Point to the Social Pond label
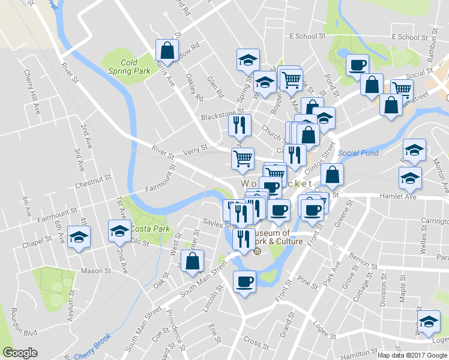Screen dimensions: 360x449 [x=358, y=153]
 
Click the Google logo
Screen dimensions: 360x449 [x=20, y=353]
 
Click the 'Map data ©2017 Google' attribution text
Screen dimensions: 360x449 [x=412, y=355]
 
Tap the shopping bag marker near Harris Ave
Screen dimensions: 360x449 [x=167, y=50]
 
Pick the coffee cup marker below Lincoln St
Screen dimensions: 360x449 [x=244, y=281]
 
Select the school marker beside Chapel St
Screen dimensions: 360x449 [x=79, y=236]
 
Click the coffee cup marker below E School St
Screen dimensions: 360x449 [x=358, y=64]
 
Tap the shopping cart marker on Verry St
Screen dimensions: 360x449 [x=243, y=158]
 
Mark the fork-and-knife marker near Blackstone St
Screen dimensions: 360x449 [x=238, y=125]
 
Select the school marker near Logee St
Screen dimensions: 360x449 [x=429, y=322]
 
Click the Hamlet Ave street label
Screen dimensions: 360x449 [x=397, y=196]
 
